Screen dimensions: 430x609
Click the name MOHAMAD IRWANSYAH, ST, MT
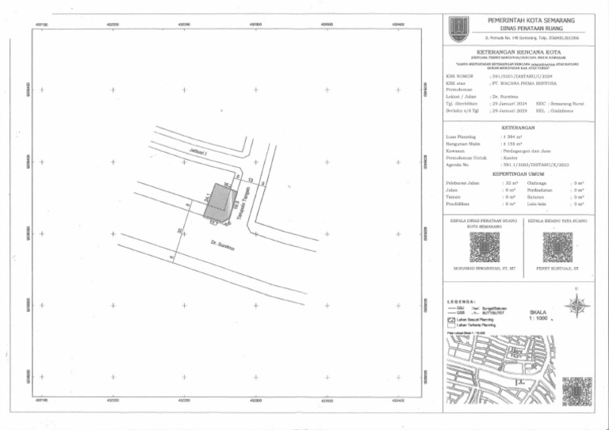tap(484, 269)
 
